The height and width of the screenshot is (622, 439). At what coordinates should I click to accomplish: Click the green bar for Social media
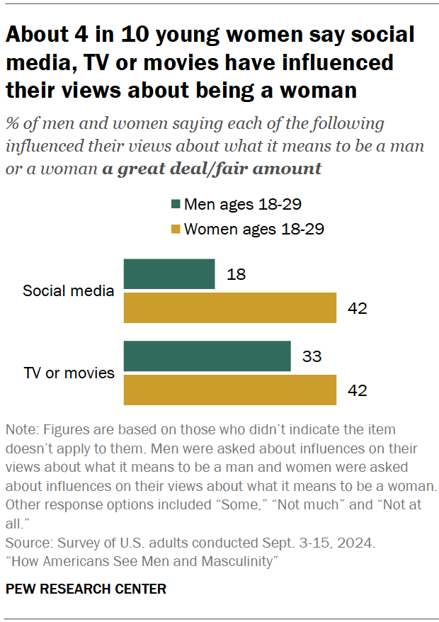[169, 274]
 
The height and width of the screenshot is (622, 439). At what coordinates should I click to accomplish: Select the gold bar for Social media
[229, 308]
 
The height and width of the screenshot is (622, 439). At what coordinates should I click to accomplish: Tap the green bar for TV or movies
[207, 356]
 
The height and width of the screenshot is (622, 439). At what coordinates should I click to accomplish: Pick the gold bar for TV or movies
[229, 390]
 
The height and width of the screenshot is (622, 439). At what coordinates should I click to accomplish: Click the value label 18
[237, 275]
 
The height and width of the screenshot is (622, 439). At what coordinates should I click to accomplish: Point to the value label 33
[312, 356]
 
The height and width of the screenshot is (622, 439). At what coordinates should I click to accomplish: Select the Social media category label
[69, 291]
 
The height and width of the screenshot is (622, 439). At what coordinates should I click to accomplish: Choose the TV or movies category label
[69, 373]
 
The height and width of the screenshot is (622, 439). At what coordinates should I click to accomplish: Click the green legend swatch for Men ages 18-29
[176, 205]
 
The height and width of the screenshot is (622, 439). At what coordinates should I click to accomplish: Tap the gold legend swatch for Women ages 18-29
[176, 229]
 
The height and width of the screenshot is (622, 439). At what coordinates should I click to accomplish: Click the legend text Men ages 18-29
[243, 205]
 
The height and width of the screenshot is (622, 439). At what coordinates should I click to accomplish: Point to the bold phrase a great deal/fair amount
[211, 169]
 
